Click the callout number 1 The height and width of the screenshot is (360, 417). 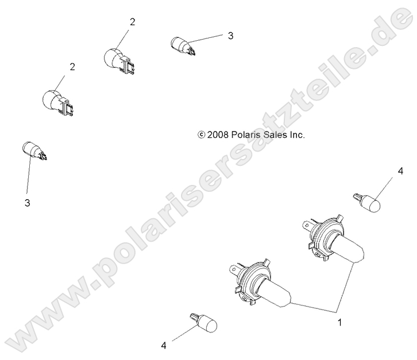click(340, 323)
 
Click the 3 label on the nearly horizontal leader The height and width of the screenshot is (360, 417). click(230, 36)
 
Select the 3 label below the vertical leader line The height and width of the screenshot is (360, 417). click(26, 203)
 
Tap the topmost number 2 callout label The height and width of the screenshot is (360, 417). click(133, 22)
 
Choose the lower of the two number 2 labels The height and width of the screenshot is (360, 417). click(72, 67)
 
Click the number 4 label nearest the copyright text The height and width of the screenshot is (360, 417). click(398, 171)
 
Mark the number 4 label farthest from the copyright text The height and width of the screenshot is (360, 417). click(164, 346)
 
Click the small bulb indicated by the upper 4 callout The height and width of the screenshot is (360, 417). click(367, 202)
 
